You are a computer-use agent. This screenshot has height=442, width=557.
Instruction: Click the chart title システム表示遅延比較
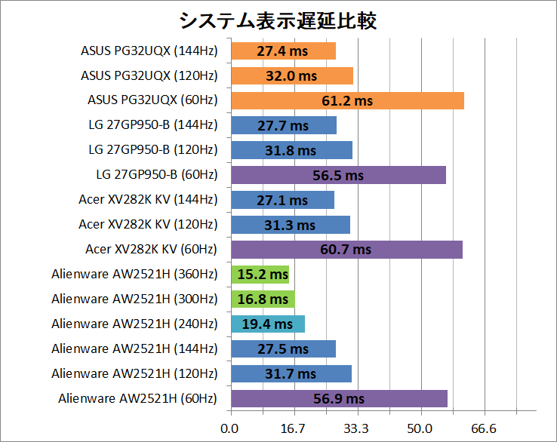tap(278, 20)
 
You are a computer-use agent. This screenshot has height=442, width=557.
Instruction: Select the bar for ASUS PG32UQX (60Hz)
tap(347, 100)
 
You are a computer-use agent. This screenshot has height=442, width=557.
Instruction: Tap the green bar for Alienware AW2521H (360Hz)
tap(260, 275)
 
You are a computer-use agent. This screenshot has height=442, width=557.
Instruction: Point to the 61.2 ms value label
tap(347, 100)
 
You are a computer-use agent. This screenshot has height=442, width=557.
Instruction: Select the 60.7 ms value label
tap(346, 250)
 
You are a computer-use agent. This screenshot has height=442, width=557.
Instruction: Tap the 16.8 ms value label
tap(263, 299)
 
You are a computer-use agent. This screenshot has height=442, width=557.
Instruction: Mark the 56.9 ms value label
tap(339, 399)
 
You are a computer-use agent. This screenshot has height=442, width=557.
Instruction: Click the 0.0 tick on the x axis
tap(230, 428)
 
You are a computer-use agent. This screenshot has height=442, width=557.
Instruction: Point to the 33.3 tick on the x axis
tap(357, 428)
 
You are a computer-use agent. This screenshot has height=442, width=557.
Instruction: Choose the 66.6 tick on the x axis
tap(484, 428)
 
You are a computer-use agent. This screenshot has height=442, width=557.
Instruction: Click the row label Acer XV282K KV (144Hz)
tap(148, 200)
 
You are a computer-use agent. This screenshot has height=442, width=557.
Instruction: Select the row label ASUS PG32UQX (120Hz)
tap(149, 75)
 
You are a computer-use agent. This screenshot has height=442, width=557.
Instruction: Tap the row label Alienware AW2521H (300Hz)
tap(134, 299)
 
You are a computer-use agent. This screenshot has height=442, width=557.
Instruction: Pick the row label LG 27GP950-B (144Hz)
tap(152, 125)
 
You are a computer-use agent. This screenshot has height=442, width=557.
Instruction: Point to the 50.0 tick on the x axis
tap(420, 428)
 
